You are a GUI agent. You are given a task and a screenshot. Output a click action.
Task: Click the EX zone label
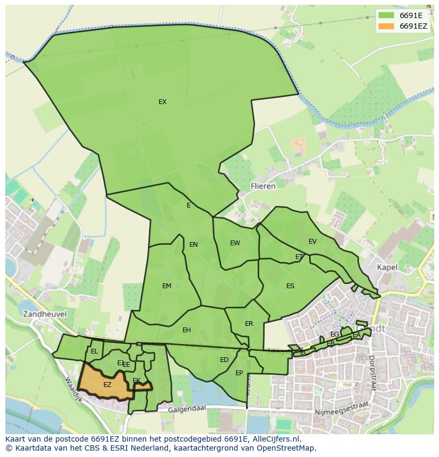coord(162,102)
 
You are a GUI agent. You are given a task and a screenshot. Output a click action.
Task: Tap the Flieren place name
coord(263,186)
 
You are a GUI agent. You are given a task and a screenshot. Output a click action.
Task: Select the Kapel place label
coord(387,267)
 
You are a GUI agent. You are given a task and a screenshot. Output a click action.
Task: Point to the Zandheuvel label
coord(45,314)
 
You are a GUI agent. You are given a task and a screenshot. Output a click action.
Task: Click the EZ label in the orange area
coord(107,385)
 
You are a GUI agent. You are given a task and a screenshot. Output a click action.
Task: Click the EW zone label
coord(235,243)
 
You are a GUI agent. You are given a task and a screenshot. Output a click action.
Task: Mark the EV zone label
coord(312,242)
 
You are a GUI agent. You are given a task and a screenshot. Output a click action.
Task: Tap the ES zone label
coord(290,286)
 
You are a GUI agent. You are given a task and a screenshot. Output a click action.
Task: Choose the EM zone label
coord(166,286)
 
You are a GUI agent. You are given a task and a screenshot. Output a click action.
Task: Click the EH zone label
coord(186,330)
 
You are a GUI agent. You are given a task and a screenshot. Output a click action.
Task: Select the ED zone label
coord(224,360)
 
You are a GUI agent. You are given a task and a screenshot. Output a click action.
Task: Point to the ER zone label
coord(249,324)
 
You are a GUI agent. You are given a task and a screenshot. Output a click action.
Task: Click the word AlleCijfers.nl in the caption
coord(275,439)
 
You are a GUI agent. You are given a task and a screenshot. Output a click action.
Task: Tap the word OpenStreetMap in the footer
coord(286,448)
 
